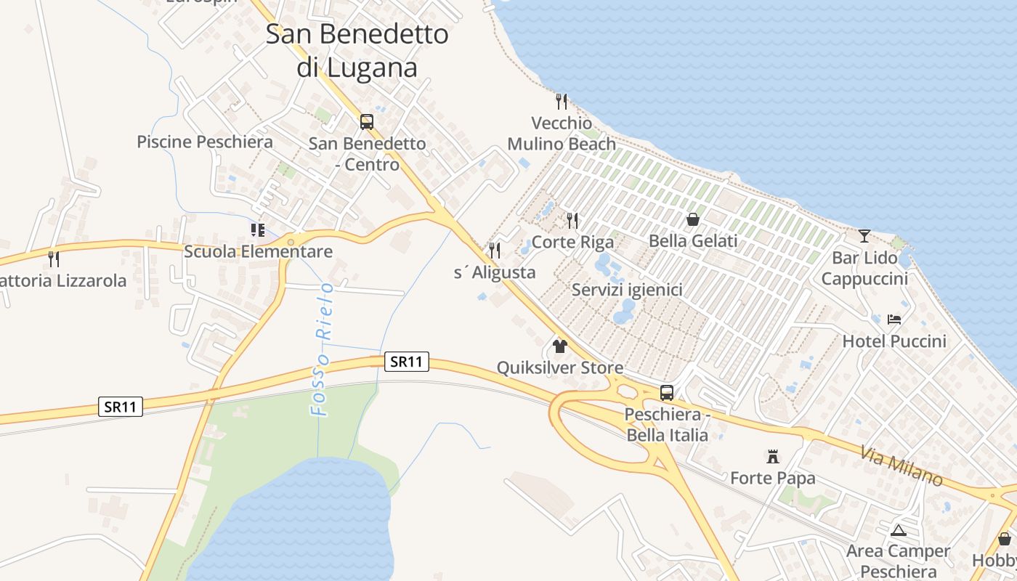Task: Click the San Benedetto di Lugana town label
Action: click(357, 51)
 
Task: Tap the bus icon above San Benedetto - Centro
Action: click(367, 121)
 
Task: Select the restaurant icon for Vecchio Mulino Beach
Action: click(561, 101)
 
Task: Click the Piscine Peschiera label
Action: click(205, 142)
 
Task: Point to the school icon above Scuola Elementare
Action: click(258, 230)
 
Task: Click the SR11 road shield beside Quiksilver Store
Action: click(406, 362)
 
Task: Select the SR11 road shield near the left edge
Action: click(121, 407)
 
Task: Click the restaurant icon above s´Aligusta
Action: click(495, 251)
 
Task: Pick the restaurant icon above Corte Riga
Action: click(572, 220)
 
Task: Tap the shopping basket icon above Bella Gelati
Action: click(693, 219)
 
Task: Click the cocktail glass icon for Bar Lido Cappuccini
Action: click(864, 235)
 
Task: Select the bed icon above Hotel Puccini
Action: click(894, 320)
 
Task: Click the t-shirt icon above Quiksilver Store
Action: click(559, 346)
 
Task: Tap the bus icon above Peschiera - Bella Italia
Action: click(667, 393)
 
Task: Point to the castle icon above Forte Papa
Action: click(773, 457)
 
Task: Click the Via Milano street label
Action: click(901, 466)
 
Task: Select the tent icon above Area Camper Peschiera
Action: click(899, 530)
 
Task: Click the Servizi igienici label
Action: click(627, 290)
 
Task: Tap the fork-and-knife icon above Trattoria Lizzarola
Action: click(53, 259)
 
